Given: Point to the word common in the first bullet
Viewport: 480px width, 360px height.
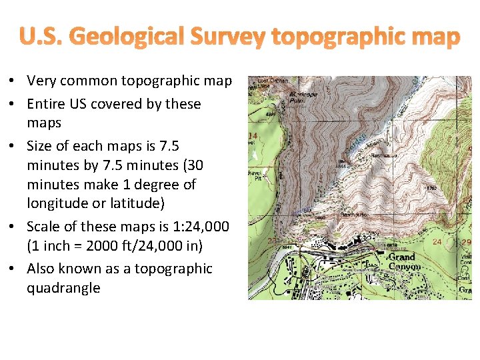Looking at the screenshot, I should click(x=97, y=81).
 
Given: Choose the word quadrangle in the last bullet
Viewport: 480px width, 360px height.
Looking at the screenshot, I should click(x=63, y=288).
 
